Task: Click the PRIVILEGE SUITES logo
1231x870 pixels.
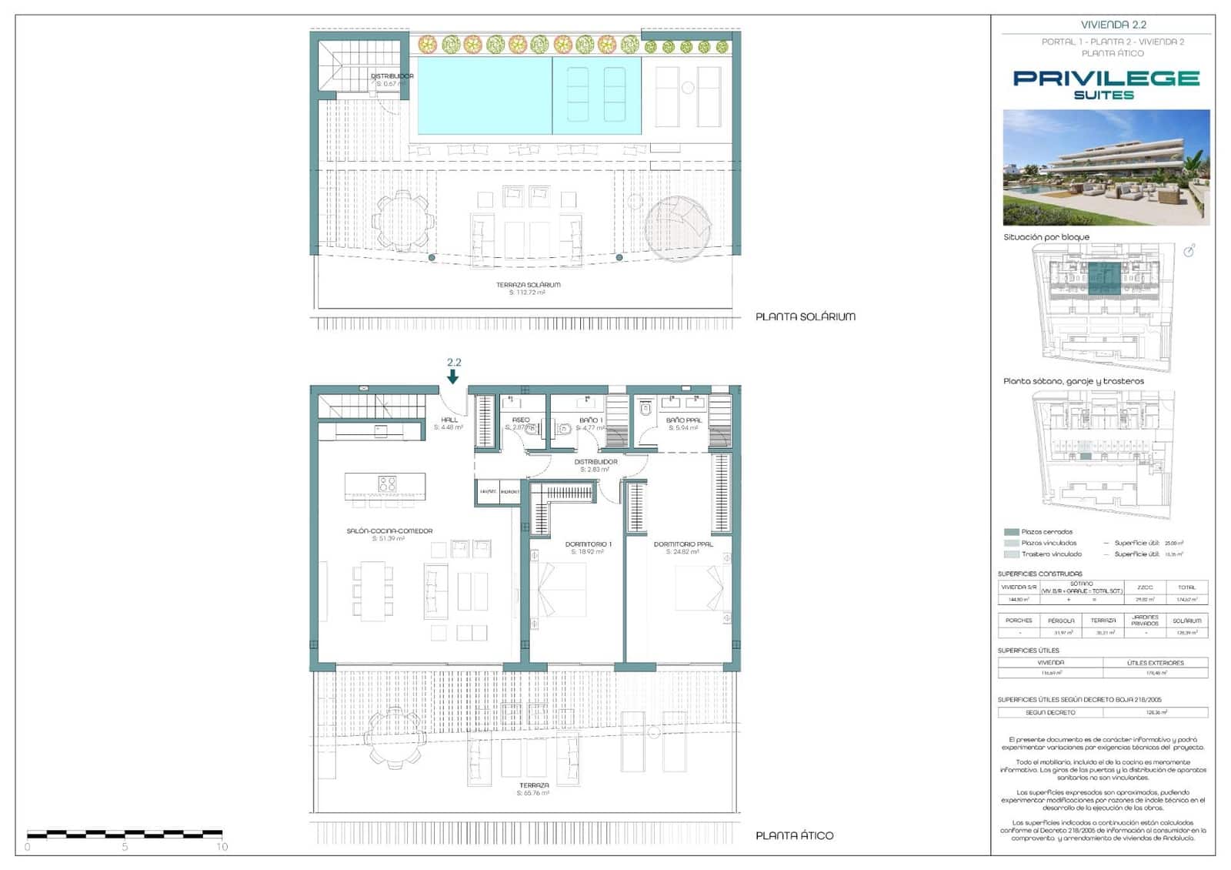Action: point(1106,84)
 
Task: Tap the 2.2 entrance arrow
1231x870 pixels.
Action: point(453,376)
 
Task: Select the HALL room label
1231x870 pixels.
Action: point(449,420)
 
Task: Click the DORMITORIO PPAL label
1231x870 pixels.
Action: point(683,544)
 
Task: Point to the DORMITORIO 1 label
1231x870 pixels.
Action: point(588,544)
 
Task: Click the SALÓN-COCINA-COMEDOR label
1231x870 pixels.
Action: point(389,530)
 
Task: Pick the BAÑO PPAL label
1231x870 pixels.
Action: point(683,420)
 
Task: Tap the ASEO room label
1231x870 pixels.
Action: point(521,420)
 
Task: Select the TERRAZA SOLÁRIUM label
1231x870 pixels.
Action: point(528,285)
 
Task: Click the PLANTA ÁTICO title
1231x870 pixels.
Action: point(794,835)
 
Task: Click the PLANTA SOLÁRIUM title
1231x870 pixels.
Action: point(805,316)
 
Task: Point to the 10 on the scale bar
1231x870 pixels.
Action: point(222,847)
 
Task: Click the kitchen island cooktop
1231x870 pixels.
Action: point(387,484)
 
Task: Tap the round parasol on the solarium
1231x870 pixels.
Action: point(677,228)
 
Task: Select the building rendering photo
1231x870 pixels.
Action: point(1106,167)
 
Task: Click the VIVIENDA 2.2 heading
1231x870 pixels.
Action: point(1113,25)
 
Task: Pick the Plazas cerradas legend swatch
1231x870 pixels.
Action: point(1011,532)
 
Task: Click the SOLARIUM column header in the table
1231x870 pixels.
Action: point(1186,621)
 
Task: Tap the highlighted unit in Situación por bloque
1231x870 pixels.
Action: point(1105,277)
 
